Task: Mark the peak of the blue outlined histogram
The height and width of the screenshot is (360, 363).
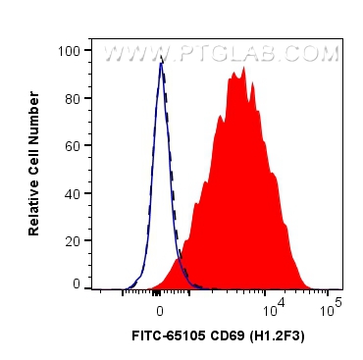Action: click(x=160, y=65)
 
